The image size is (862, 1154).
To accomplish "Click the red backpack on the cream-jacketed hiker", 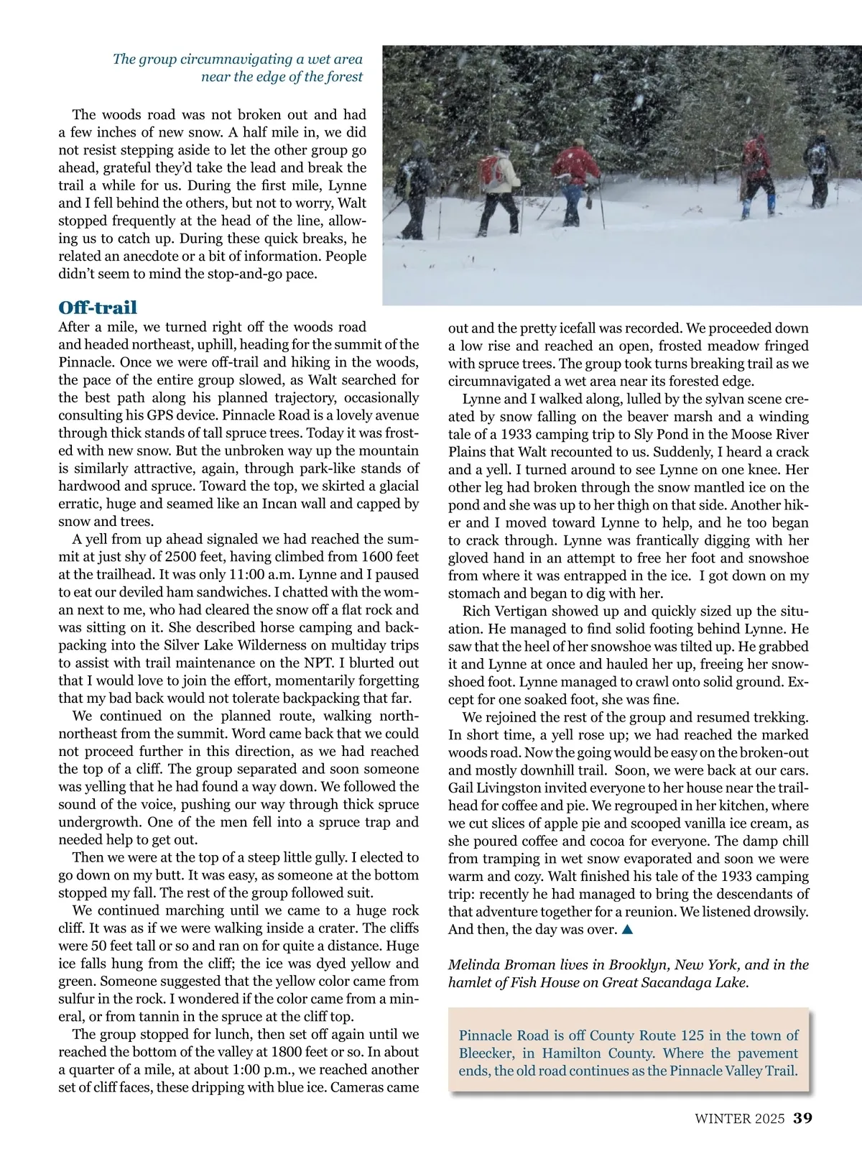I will [x=491, y=170].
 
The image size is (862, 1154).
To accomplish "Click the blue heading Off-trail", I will [x=98, y=308].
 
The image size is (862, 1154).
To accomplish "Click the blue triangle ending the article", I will [x=626, y=930].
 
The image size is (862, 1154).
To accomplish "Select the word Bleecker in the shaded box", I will [x=485, y=1053].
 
